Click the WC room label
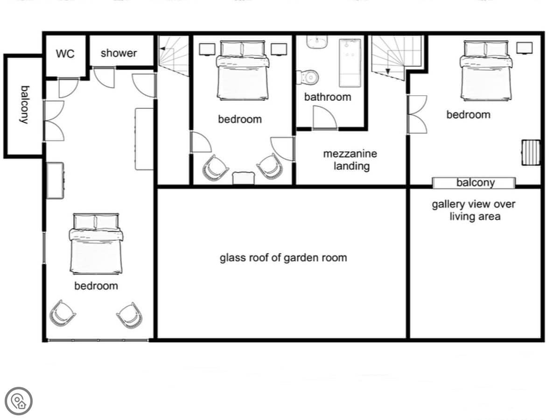pyautogui.click(x=65, y=54)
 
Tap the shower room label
pyautogui.click(x=119, y=53)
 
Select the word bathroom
pyautogui.click(x=328, y=97)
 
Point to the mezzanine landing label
pyautogui.click(x=350, y=160)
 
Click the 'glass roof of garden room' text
pyautogui.click(x=283, y=258)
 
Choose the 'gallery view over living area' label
pyautogui.click(x=474, y=210)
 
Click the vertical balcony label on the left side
pyautogui.click(x=25, y=105)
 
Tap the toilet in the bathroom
pyautogui.click(x=308, y=77)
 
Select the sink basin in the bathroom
pyautogui.click(x=317, y=42)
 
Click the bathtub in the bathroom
pyautogui.click(x=350, y=63)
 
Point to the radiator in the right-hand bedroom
pyautogui.click(x=531, y=153)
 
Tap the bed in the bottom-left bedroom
pyautogui.click(x=96, y=244)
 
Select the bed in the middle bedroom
pyautogui.click(x=243, y=70)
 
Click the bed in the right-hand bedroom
pyautogui.click(x=486, y=70)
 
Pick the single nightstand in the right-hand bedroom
pyautogui.click(x=525, y=48)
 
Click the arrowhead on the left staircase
pyautogui.click(x=162, y=49)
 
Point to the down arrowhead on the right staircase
pyautogui.click(x=388, y=71)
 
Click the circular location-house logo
pyautogui.click(x=19, y=401)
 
